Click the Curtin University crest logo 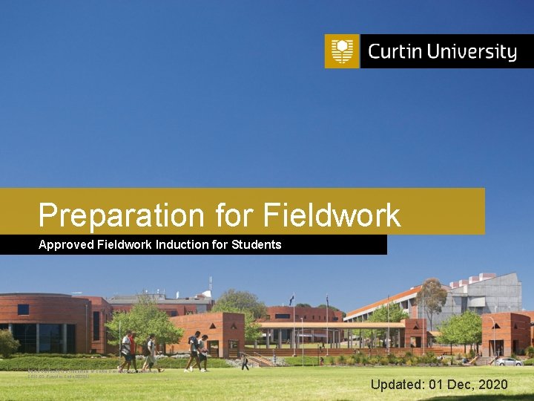tap(341, 51)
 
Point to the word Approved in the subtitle tap(66, 244)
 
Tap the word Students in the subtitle tap(256, 244)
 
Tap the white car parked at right tap(509, 362)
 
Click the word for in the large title tap(235, 215)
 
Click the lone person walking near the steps tap(245, 362)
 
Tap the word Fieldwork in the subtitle tap(125, 244)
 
